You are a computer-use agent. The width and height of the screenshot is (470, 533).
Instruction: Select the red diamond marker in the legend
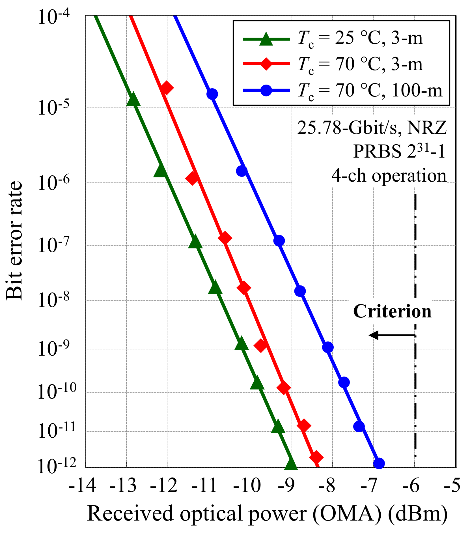tap(266, 64)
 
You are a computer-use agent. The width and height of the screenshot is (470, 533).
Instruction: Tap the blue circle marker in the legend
tap(266, 91)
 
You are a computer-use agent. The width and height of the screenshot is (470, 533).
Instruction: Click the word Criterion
tap(392, 311)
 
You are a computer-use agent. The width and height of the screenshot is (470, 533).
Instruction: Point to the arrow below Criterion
tap(392, 335)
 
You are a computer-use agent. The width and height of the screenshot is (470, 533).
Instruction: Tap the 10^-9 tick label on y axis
tap(57, 349)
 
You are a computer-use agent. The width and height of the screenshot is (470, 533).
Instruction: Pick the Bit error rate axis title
tap(14, 240)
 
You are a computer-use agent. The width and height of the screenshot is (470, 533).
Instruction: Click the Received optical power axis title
tap(267, 513)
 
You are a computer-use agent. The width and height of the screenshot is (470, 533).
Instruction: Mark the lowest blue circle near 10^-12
tap(379, 463)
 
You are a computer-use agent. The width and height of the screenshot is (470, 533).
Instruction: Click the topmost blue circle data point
tap(212, 94)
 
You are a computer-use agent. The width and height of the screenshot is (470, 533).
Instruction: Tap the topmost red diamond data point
tap(166, 88)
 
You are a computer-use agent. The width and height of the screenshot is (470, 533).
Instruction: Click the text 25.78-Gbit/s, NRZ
tap(372, 128)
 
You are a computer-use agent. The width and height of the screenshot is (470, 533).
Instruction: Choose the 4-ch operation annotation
tap(389, 175)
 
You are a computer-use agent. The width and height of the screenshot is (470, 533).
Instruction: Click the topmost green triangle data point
tap(133, 100)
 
